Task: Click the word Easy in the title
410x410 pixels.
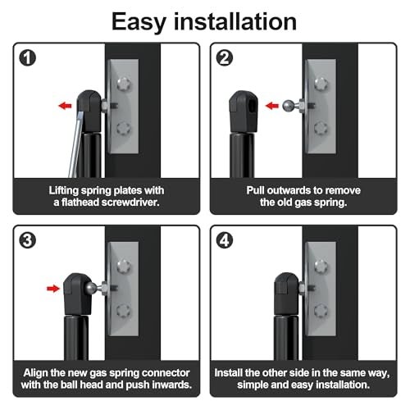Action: tap(139, 22)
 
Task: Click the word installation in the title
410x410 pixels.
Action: tap(235, 21)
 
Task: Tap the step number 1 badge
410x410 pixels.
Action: tap(28, 58)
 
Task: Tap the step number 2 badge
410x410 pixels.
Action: tap(225, 58)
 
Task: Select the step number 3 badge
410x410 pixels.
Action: tap(28, 240)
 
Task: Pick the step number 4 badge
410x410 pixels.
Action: tap(225, 240)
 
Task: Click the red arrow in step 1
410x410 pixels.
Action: tap(65, 106)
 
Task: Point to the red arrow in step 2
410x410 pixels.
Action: tap(272, 106)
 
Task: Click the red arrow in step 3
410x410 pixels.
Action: tap(53, 289)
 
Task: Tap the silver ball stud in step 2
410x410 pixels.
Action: tap(289, 106)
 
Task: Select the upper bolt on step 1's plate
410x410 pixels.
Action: tap(124, 84)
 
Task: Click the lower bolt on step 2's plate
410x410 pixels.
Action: tap(321, 128)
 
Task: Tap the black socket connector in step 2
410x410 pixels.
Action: tap(244, 112)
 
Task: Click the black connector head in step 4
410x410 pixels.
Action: tap(286, 294)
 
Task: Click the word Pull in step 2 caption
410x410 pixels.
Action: tap(255, 190)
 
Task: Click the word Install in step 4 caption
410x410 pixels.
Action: tap(229, 372)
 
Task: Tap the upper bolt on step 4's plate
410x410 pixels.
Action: tap(321, 266)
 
